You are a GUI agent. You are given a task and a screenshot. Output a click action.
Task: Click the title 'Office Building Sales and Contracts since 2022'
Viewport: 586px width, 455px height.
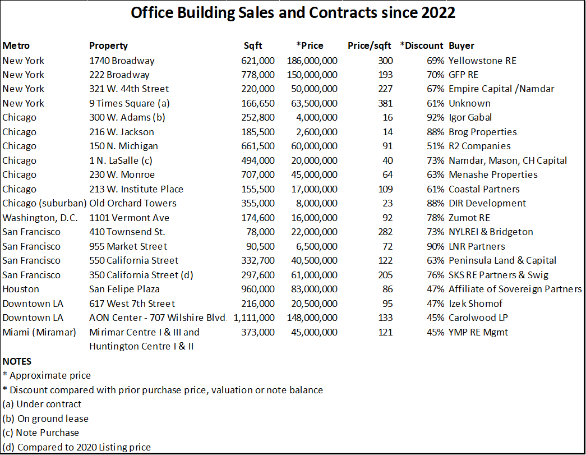293,13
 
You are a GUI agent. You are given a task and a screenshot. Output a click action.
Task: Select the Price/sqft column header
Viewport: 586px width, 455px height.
369,46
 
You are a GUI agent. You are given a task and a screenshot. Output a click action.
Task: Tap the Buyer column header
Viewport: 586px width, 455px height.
461,46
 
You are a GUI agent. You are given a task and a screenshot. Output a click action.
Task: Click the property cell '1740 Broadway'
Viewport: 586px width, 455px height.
122,61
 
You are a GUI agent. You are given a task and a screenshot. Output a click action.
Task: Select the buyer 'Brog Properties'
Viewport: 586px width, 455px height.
482,132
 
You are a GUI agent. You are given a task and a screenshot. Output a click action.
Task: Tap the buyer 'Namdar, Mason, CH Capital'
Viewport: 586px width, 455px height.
507,160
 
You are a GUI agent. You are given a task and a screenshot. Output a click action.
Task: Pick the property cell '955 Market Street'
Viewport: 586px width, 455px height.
128,246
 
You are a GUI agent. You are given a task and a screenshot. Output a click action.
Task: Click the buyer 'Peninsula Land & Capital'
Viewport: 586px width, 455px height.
502,260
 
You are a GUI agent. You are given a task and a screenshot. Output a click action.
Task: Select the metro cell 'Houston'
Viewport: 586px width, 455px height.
21,289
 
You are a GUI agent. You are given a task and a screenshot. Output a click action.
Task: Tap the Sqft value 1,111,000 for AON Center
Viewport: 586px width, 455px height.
254,318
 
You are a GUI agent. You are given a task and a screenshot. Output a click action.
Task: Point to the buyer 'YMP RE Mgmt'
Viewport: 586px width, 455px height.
478,332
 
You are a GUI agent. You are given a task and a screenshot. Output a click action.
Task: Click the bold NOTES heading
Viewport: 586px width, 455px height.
17,361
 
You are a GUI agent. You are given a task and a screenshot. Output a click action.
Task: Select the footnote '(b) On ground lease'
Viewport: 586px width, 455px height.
45,419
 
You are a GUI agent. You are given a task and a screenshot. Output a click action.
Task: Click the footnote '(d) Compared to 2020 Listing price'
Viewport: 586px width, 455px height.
77,447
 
